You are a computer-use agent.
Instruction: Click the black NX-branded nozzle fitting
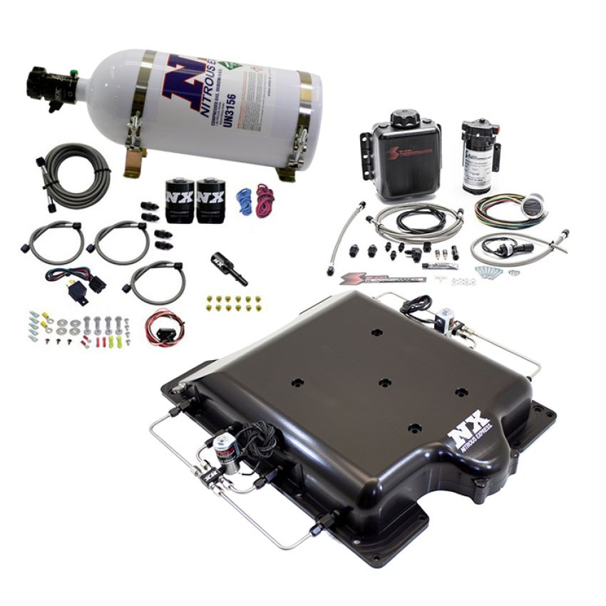(x=229, y=267)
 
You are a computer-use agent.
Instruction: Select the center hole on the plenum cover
(x=385, y=383)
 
